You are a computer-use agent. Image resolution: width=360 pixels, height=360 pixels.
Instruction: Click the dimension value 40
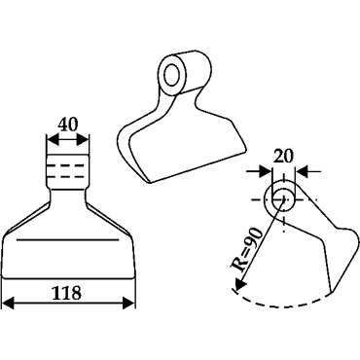click(x=68, y=125)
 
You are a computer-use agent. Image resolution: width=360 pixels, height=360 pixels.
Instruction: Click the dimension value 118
click(x=68, y=293)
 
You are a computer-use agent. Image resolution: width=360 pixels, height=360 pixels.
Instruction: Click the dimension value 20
click(x=283, y=156)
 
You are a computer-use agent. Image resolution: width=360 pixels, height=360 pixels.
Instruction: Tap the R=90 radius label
click(x=247, y=249)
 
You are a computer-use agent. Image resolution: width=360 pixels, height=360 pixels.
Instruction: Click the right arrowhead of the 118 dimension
click(x=128, y=304)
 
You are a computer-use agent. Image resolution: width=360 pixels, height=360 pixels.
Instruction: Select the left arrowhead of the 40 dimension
click(x=53, y=141)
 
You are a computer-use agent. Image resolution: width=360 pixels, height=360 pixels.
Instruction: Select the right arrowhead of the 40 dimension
click(x=83, y=141)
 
